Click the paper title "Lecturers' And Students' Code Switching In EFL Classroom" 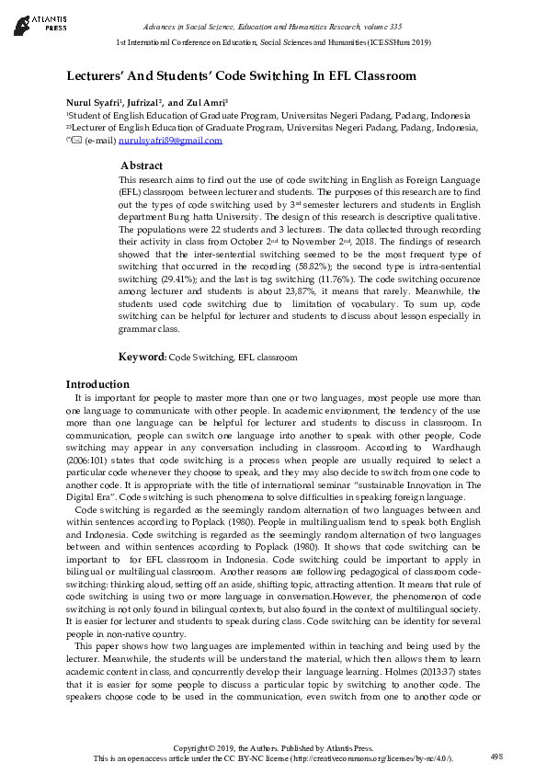(x=241, y=76)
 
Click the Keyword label (x=142, y=356)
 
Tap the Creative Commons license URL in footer (x=370, y=758)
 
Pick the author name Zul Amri (x=201, y=102)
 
